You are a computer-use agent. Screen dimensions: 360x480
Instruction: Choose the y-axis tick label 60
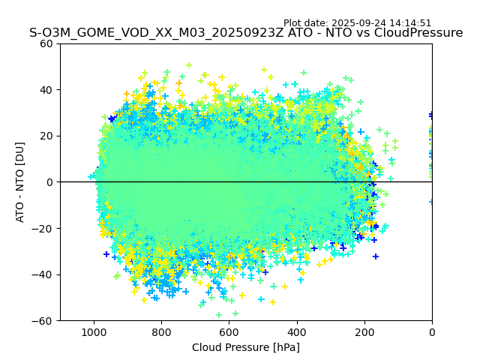[x=46, y=43]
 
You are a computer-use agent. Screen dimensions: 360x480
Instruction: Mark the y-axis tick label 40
[x=46, y=90]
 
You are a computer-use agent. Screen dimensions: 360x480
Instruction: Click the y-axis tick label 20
[x=46, y=136]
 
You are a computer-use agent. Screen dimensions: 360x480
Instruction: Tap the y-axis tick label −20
[x=43, y=228]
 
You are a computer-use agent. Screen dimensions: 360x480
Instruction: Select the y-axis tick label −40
[x=43, y=274]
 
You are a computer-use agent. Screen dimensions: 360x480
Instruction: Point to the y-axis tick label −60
[x=43, y=320]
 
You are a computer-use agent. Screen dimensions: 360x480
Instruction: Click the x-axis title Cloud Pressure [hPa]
[x=246, y=347]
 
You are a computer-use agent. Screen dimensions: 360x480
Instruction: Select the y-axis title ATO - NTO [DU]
[x=20, y=182]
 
